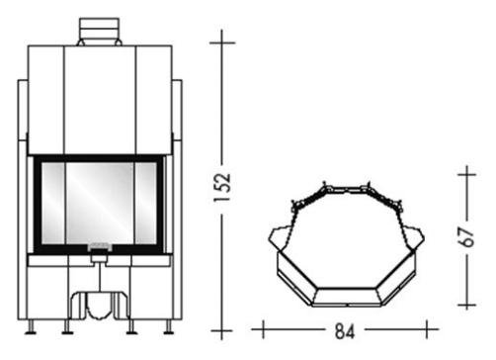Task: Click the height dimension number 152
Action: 222,187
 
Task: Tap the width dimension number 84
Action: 345,331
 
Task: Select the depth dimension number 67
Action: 467,237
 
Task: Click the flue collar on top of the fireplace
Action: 99,32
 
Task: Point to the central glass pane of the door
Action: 100,203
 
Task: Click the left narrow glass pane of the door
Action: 53,203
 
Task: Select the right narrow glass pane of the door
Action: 146,203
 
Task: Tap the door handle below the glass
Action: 99,252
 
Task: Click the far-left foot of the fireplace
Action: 31,327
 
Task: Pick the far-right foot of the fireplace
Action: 169,327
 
